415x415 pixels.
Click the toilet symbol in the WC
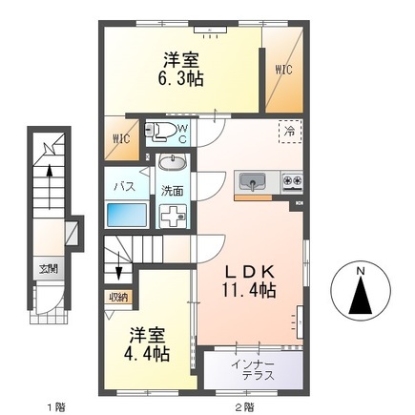pyautogui.click(x=160, y=132)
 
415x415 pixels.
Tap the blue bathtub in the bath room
pyautogui.click(x=127, y=215)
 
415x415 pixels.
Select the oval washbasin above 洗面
pyautogui.click(x=173, y=163)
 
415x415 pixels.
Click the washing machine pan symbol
pyautogui.click(x=173, y=217)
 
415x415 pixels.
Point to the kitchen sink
pyautogui.click(x=253, y=182)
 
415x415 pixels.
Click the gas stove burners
pyautogui.click(x=293, y=181)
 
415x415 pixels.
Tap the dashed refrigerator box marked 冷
pyautogui.click(x=290, y=132)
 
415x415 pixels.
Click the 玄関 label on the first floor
pyautogui.click(x=49, y=269)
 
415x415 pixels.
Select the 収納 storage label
pyautogui.click(x=118, y=298)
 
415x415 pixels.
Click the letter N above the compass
pyautogui.click(x=361, y=271)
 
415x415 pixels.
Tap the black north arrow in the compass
pyautogui.click(x=361, y=296)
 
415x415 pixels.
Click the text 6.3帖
pyautogui.click(x=180, y=78)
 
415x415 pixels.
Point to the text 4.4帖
pyautogui.click(x=147, y=353)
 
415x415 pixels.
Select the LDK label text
pyautogui.click(x=249, y=272)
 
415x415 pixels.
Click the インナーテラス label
pyautogui.click(x=253, y=370)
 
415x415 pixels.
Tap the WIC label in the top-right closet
pyautogui.click(x=283, y=70)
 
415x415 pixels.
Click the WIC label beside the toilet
pyautogui.click(x=121, y=138)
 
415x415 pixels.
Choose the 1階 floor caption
pyautogui.click(x=56, y=406)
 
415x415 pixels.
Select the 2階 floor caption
pyautogui.click(x=244, y=406)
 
